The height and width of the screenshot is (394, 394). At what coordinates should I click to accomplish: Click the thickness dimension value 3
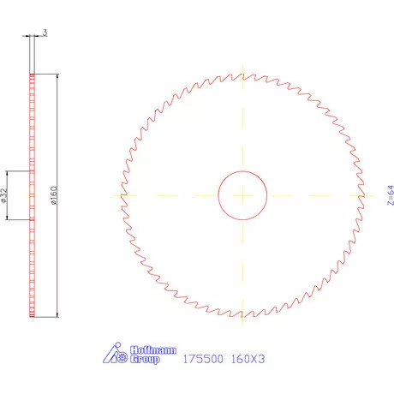(x=44, y=33)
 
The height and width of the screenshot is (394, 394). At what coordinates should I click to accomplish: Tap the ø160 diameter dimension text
(x=53, y=196)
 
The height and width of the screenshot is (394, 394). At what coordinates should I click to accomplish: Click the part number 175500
(x=204, y=360)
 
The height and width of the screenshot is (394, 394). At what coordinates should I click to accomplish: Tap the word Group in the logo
(x=145, y=361)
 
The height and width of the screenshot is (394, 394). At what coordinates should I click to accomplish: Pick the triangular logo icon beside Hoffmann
(x=115, y=354)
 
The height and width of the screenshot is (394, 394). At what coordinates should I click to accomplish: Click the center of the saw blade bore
(x=243, y=195)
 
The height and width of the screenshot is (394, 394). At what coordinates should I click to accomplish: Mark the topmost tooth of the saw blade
(x=243, y=75)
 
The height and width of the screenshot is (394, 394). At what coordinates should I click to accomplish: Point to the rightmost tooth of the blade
(x=364, y=195)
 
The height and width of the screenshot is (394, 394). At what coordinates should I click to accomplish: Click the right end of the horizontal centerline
(x=374, y=195)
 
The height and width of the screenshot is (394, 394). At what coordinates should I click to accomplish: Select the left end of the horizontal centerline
(x=112, y=195)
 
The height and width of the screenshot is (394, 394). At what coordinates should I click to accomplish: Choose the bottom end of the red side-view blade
(x=33, y=317)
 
